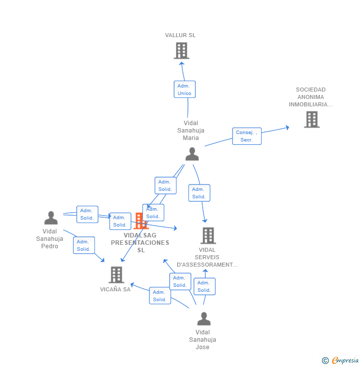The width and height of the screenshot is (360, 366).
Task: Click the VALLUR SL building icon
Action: coord(181,50)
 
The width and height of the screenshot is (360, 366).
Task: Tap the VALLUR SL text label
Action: coord(180,35)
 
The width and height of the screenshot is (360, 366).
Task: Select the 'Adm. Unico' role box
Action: coord(184,90)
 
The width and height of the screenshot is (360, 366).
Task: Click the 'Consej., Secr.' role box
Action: coord(247,136)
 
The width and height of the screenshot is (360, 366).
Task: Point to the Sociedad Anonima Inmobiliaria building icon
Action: coord(312,119)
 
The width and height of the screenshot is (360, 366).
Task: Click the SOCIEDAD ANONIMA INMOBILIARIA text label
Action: coord(311,97)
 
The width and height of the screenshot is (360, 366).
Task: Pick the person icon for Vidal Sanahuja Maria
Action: coord(192,154)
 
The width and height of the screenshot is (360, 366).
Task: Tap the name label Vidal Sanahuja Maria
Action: coord(191,131)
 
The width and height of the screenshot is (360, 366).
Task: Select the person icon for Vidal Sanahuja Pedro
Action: coord(51,218)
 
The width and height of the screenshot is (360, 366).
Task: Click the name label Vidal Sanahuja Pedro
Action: coord(50,239)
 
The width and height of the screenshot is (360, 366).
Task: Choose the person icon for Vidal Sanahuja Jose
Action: coord(204,319)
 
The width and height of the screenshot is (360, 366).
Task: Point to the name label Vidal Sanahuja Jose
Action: coord(203,340)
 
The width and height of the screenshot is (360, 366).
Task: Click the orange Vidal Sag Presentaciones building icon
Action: coord(140,221)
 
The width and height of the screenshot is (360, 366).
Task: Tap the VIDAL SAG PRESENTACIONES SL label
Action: coord(140,242)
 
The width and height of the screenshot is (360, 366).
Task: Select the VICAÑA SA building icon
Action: coord(116,274)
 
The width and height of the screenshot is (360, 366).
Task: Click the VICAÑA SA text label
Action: coord(115,289)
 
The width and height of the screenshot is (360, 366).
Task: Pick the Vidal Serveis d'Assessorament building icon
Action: coord(208,235)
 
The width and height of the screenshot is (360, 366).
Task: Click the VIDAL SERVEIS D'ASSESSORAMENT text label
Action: coord(207,257)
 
